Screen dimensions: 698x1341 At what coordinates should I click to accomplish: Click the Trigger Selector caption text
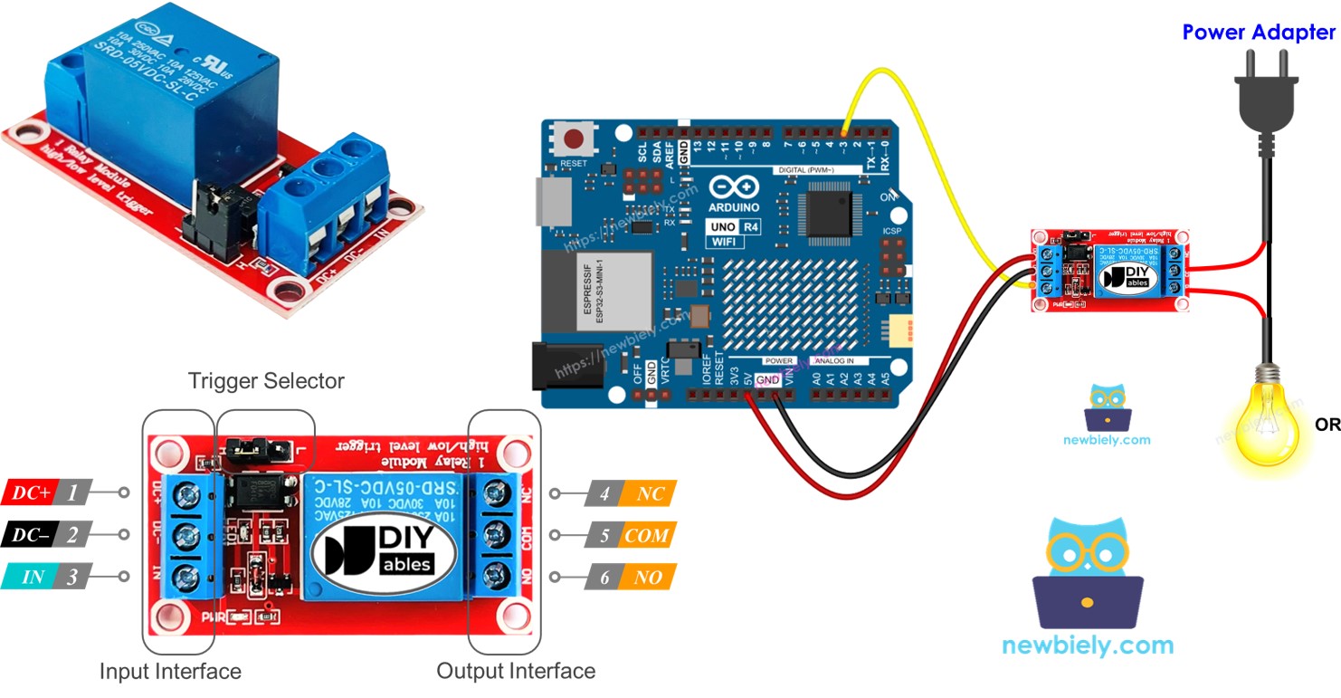(266, 381)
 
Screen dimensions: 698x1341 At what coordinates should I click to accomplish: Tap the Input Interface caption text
(170, 671)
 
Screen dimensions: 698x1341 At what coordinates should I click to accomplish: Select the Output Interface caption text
(516, 671)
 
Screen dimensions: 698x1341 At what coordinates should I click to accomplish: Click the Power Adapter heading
(1259, 33)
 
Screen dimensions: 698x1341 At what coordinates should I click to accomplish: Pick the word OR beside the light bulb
(1327, 425)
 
